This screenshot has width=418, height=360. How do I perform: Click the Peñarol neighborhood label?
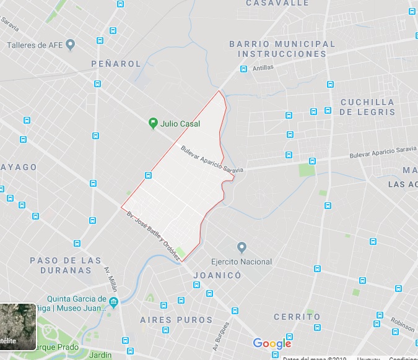[x=115, y=64]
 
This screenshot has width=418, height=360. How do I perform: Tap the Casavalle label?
[x=277, y=3]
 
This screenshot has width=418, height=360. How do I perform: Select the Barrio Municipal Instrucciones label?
[x=282, y=49]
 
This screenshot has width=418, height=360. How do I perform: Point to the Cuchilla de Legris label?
[x=367, y=107]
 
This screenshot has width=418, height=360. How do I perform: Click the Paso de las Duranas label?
[x=61, y=265]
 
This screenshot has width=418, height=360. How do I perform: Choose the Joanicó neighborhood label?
[x=217, y=275]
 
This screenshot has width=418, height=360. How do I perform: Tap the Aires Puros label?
[x=176, y=320]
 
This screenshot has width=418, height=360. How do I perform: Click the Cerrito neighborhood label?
[x=298, y=317]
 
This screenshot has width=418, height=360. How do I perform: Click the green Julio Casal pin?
[x=153, y=123]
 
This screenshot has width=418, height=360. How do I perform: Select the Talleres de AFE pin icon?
[x=70, y=45]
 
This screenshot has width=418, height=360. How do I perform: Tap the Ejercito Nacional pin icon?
[x=242, y=247]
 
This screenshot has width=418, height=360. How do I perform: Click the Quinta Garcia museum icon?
[x=113, y=302]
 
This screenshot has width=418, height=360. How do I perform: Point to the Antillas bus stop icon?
[x=244, y=69]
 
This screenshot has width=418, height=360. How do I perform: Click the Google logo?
[x=272, y=344]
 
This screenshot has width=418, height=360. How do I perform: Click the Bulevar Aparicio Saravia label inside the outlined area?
[x=212, y=160]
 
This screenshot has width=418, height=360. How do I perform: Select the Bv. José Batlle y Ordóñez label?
[x=154, y=235]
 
